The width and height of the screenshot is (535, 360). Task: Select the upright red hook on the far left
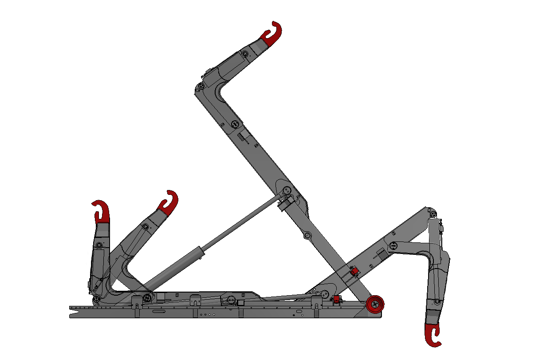pyautogui.click(x=102, y=212)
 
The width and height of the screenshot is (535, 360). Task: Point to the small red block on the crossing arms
pyautogui.click(x=354, y=270)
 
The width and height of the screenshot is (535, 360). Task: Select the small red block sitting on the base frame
pyautogui.click(x=336, y=300)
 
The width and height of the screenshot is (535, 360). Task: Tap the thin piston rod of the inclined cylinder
pyautogui.click(x=242, y=222)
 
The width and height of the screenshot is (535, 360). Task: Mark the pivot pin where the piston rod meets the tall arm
pyautogui.click(x=286, y=190)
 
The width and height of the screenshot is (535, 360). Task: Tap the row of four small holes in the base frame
pyautogui.click(x=209, y=315)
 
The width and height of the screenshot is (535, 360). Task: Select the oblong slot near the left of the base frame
pyautogui.click(x=157, y=313)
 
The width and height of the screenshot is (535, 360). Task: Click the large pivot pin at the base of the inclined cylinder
pyautogui.click(x=147, y=298)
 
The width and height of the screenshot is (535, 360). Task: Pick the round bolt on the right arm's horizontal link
pyautogui.click(x=393, y=245)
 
